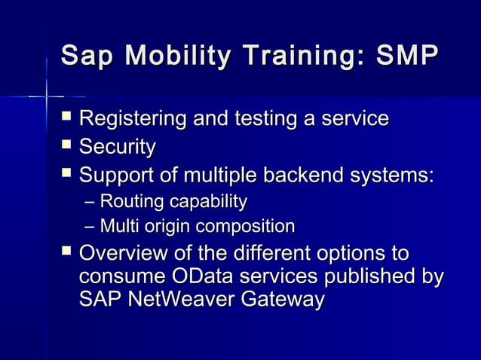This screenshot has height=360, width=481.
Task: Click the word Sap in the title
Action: pyautogui.click(x=85, y=56)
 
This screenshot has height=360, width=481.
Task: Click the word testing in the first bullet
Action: pyautogui.click(x=256, y=119)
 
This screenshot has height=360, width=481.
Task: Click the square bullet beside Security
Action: pyautogui.click(x=66, y=145)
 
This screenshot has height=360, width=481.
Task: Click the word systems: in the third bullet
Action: pyautogui.click(x=393, y=175)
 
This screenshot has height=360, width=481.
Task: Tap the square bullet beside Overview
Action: pyautogui.click(x=66, y=251)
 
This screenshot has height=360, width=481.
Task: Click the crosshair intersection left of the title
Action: pyautogui.click(x=46, y=96)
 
